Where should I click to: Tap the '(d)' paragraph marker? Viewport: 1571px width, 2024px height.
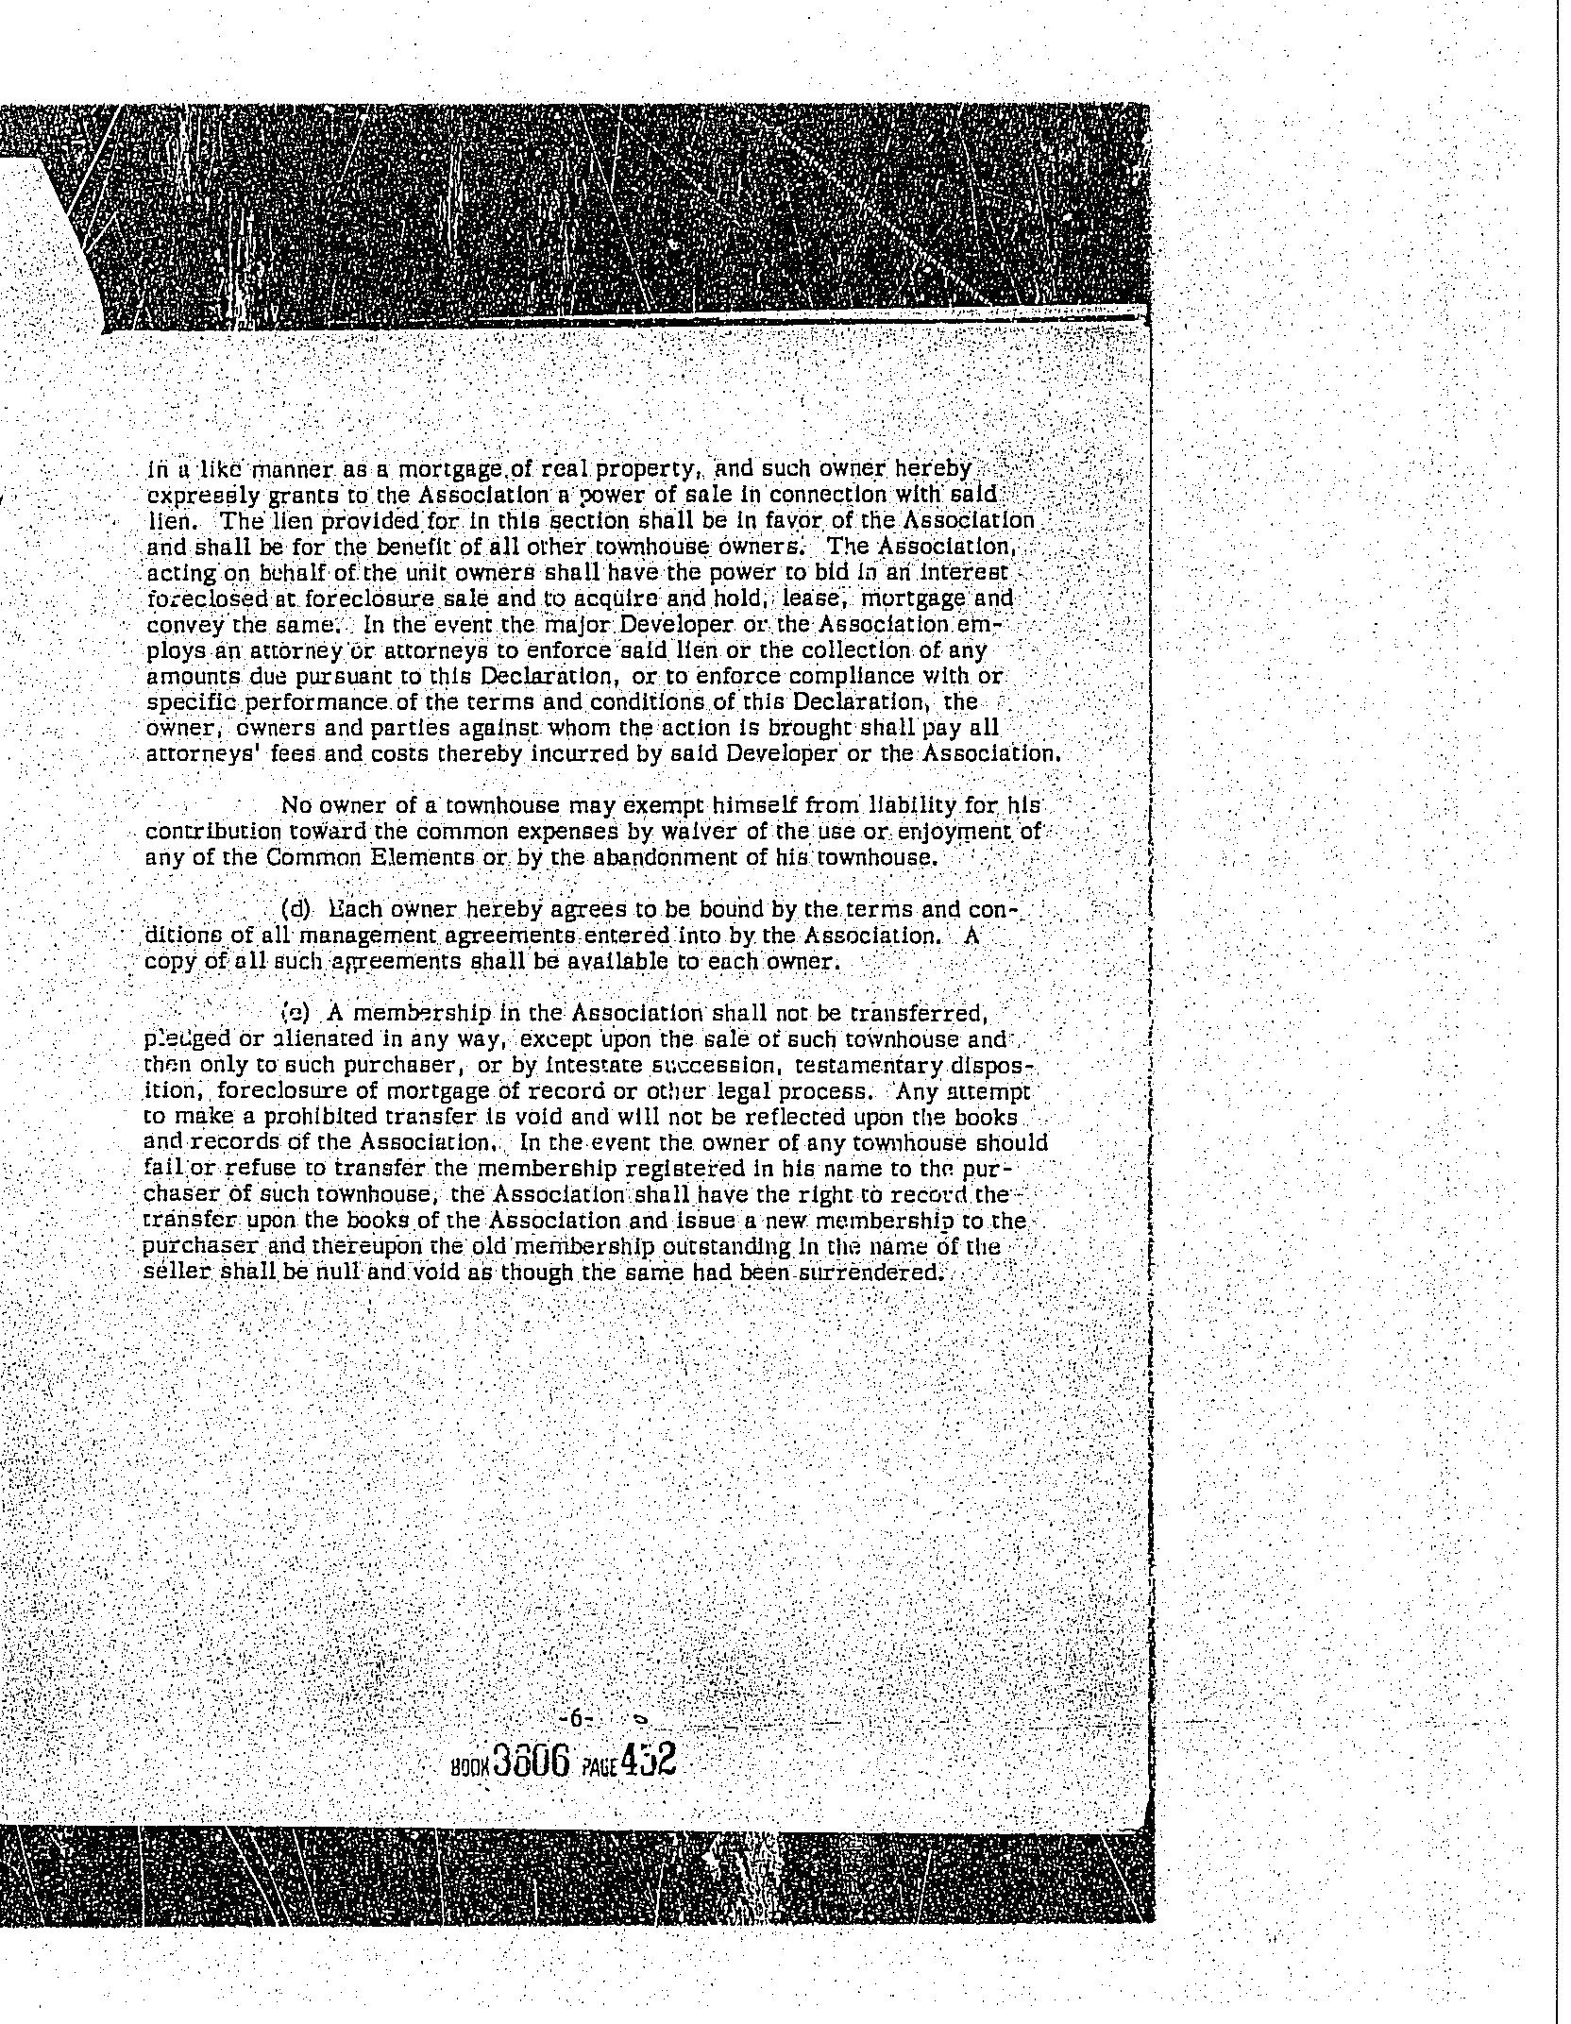[296, 910]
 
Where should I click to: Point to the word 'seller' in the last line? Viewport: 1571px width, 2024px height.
[168, 1273]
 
